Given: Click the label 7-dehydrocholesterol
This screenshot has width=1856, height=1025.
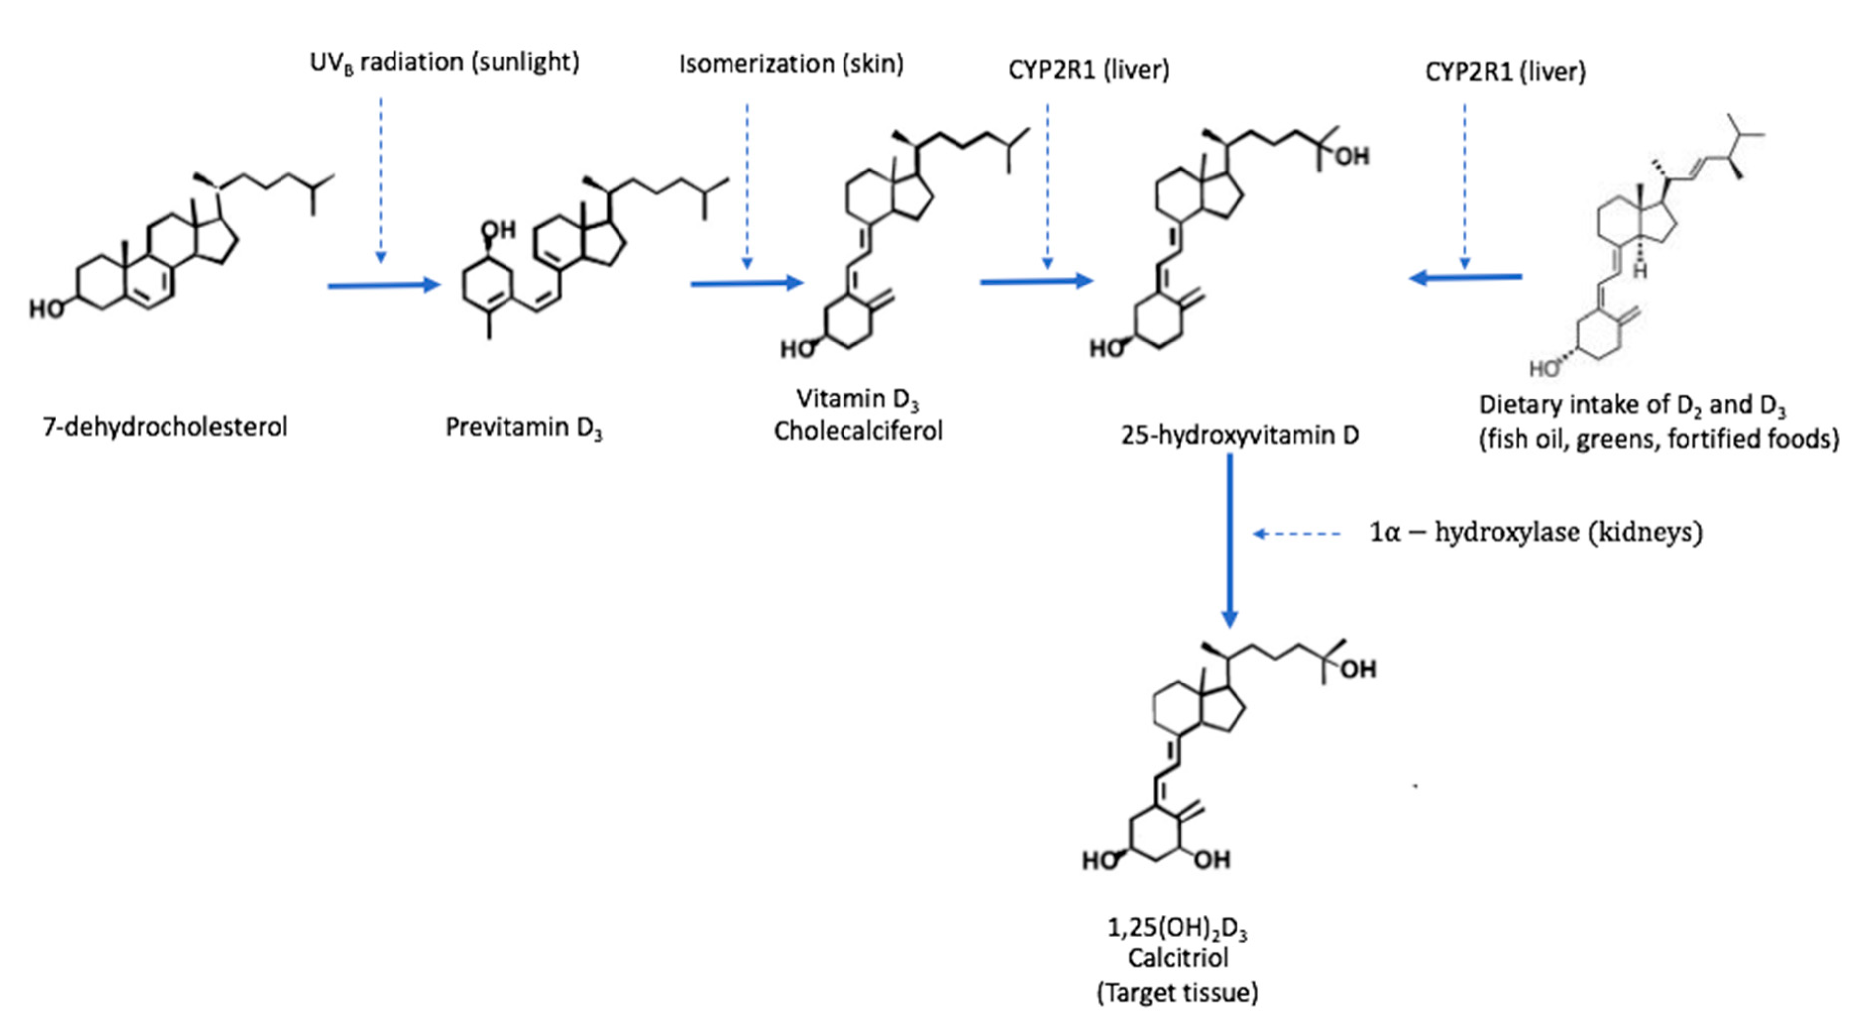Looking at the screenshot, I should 165,427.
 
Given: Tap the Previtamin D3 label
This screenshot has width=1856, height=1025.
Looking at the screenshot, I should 524,427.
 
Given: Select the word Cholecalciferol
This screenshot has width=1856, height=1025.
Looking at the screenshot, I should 858,431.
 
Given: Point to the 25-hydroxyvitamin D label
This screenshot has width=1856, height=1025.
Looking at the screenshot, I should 1240,435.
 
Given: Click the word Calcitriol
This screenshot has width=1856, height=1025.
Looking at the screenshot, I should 1178,958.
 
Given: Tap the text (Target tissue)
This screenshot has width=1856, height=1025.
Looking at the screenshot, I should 1178,993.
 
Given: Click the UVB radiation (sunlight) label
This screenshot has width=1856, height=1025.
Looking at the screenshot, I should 445,63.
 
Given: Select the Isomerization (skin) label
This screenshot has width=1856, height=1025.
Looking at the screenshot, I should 791,64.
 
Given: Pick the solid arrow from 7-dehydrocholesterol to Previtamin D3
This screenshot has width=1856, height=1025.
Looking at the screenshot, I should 384,285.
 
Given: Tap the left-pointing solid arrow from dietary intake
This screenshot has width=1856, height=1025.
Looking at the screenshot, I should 1465,277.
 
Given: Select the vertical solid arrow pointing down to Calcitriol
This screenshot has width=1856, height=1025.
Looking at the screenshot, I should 1230,541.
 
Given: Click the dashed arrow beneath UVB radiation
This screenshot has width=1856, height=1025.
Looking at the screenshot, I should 381,180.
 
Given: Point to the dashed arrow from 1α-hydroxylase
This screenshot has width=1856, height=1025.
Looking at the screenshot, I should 1297,534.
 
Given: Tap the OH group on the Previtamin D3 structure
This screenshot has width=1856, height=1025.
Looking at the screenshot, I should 498,230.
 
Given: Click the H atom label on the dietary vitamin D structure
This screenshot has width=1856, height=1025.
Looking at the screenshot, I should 1640,271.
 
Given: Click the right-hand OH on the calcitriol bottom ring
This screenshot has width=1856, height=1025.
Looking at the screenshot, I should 1212,859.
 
